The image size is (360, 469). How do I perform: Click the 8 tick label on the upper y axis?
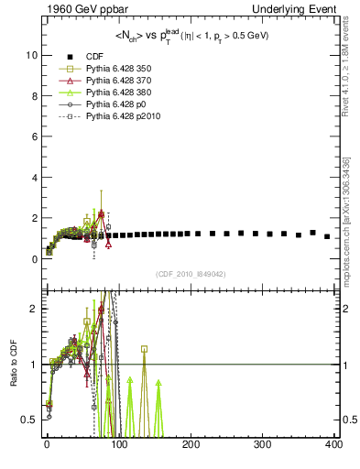coord(33,96)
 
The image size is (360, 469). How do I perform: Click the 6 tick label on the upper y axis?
coord(33,136)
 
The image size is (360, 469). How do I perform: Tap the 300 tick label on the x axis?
coord(262,444)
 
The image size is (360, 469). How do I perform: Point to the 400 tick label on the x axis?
coord(333,444)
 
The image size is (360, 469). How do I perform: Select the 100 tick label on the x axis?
coord(118,444)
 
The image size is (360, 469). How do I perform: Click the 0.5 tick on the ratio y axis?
coord(29,420)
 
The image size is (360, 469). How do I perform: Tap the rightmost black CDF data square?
coord(327,236)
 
